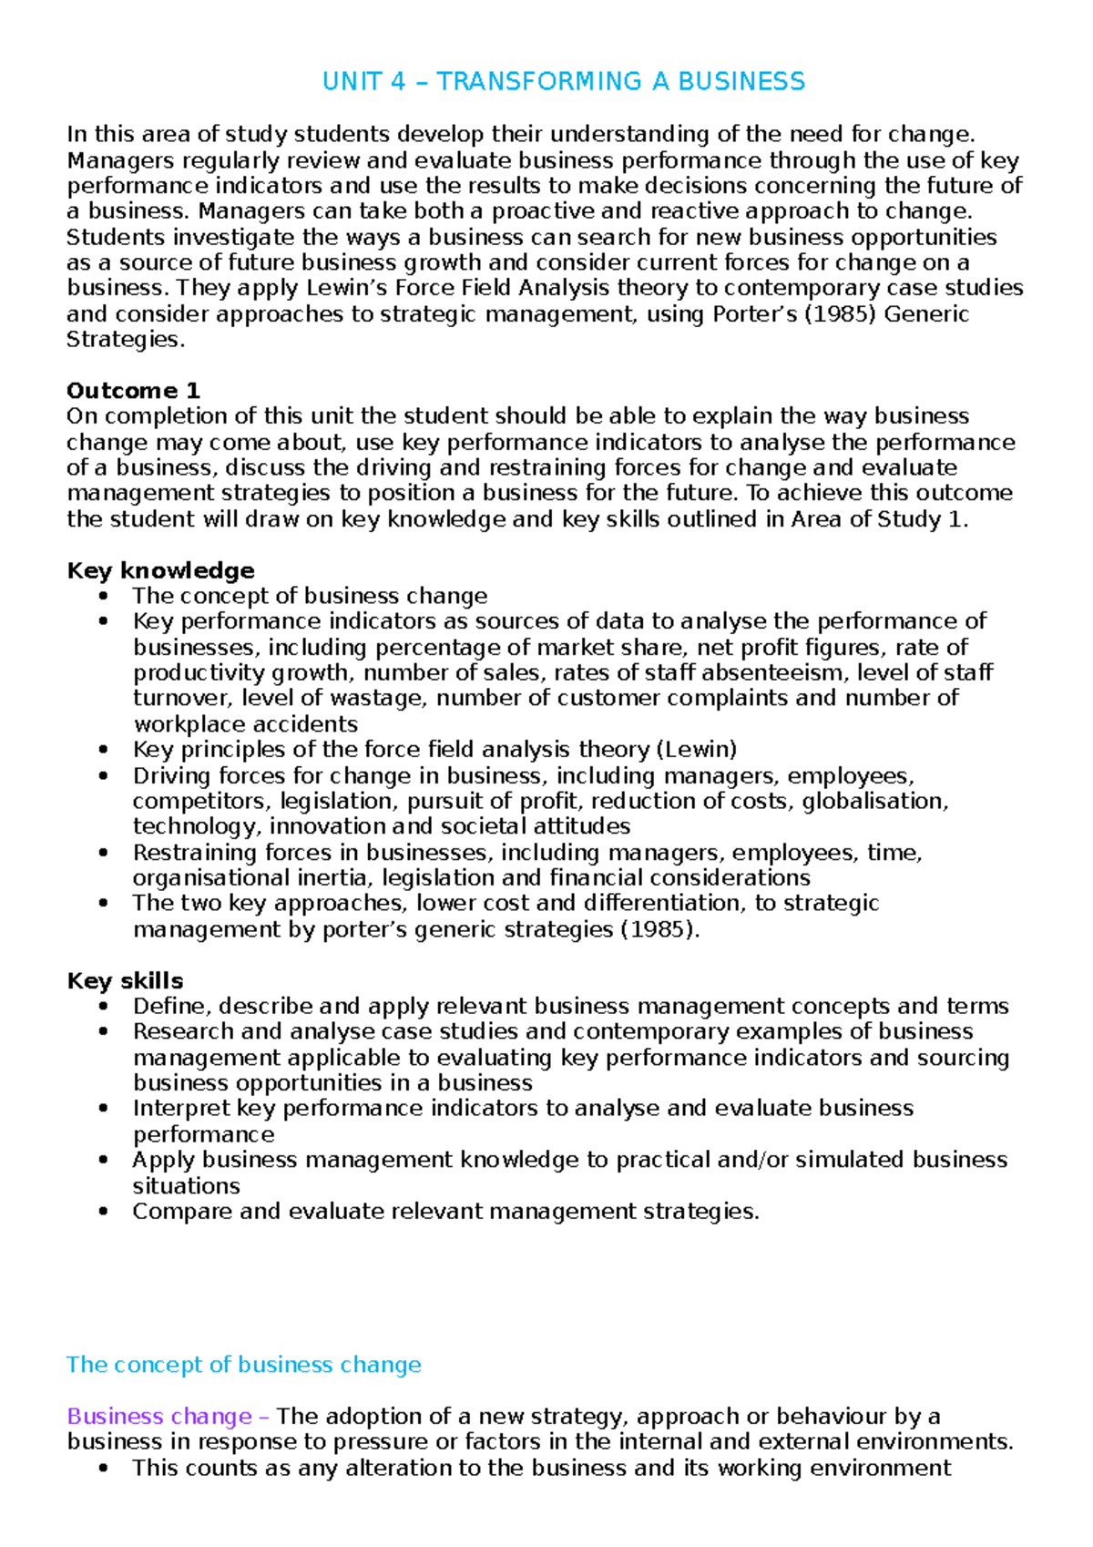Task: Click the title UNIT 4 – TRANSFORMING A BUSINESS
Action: (x=563, y=82)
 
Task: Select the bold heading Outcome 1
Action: (x=133, y=391)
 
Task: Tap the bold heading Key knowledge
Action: (x=160, y=571)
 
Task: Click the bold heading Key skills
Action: (x=125, y=981)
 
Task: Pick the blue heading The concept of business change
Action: (x=243, y=1365)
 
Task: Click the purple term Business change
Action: (x=159, y=1417)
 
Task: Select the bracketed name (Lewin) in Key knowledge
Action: (x=696, y=750)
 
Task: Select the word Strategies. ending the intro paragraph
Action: (x=125, y=340)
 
